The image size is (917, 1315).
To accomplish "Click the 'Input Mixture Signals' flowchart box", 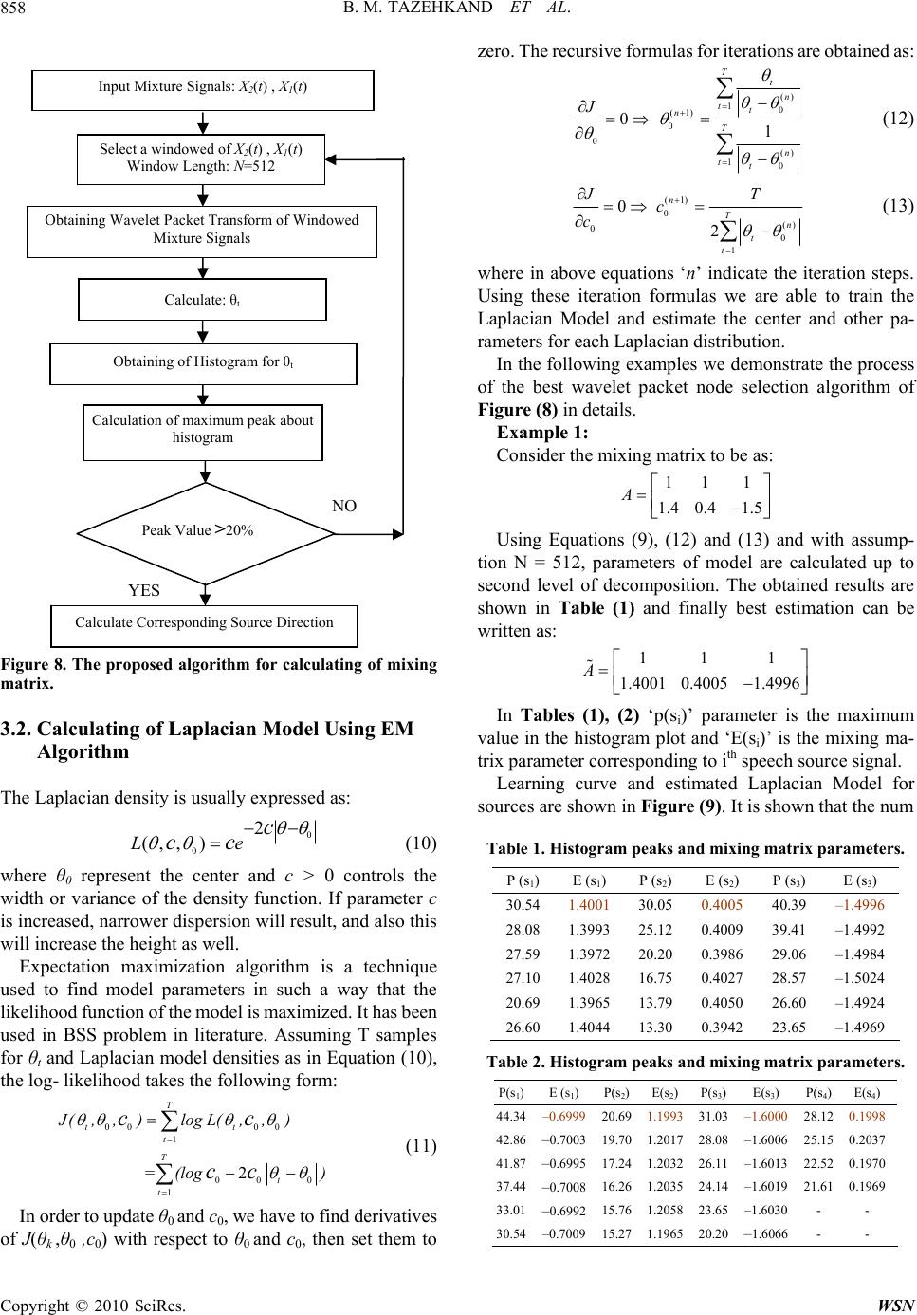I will [203, 88].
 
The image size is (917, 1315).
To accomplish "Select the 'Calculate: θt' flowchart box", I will [202, 300].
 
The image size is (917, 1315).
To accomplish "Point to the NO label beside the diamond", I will [344, 507].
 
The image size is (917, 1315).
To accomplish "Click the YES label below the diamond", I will [144, 590].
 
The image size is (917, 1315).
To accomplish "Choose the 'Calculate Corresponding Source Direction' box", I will [204, 623].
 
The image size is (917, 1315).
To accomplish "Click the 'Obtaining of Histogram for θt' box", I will [203, 364].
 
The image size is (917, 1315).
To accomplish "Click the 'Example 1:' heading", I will [542, 431].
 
